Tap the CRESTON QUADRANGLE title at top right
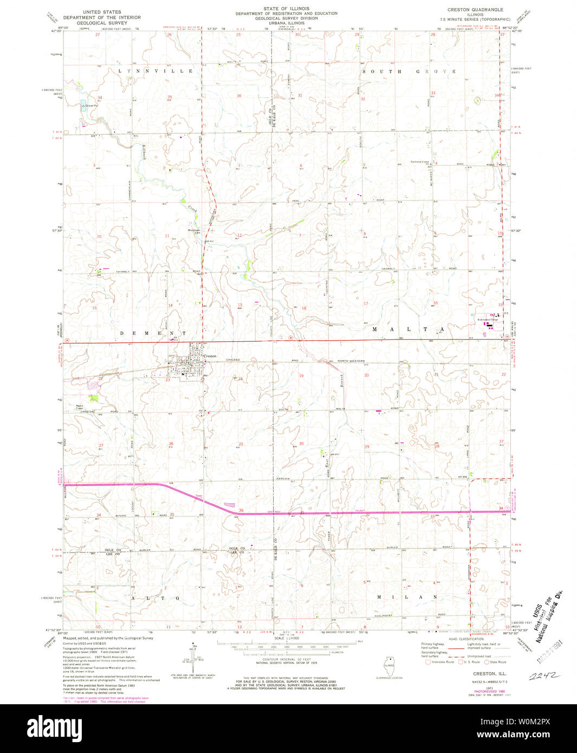[x=475, y=10]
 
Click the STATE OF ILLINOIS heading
[x=286, y=9]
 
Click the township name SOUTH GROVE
[x=409, y=72]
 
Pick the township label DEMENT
[x=153, y=333]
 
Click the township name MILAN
[x=406, y=596]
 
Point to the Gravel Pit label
[x=89, y=105]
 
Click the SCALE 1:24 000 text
[x=286, y=639]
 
